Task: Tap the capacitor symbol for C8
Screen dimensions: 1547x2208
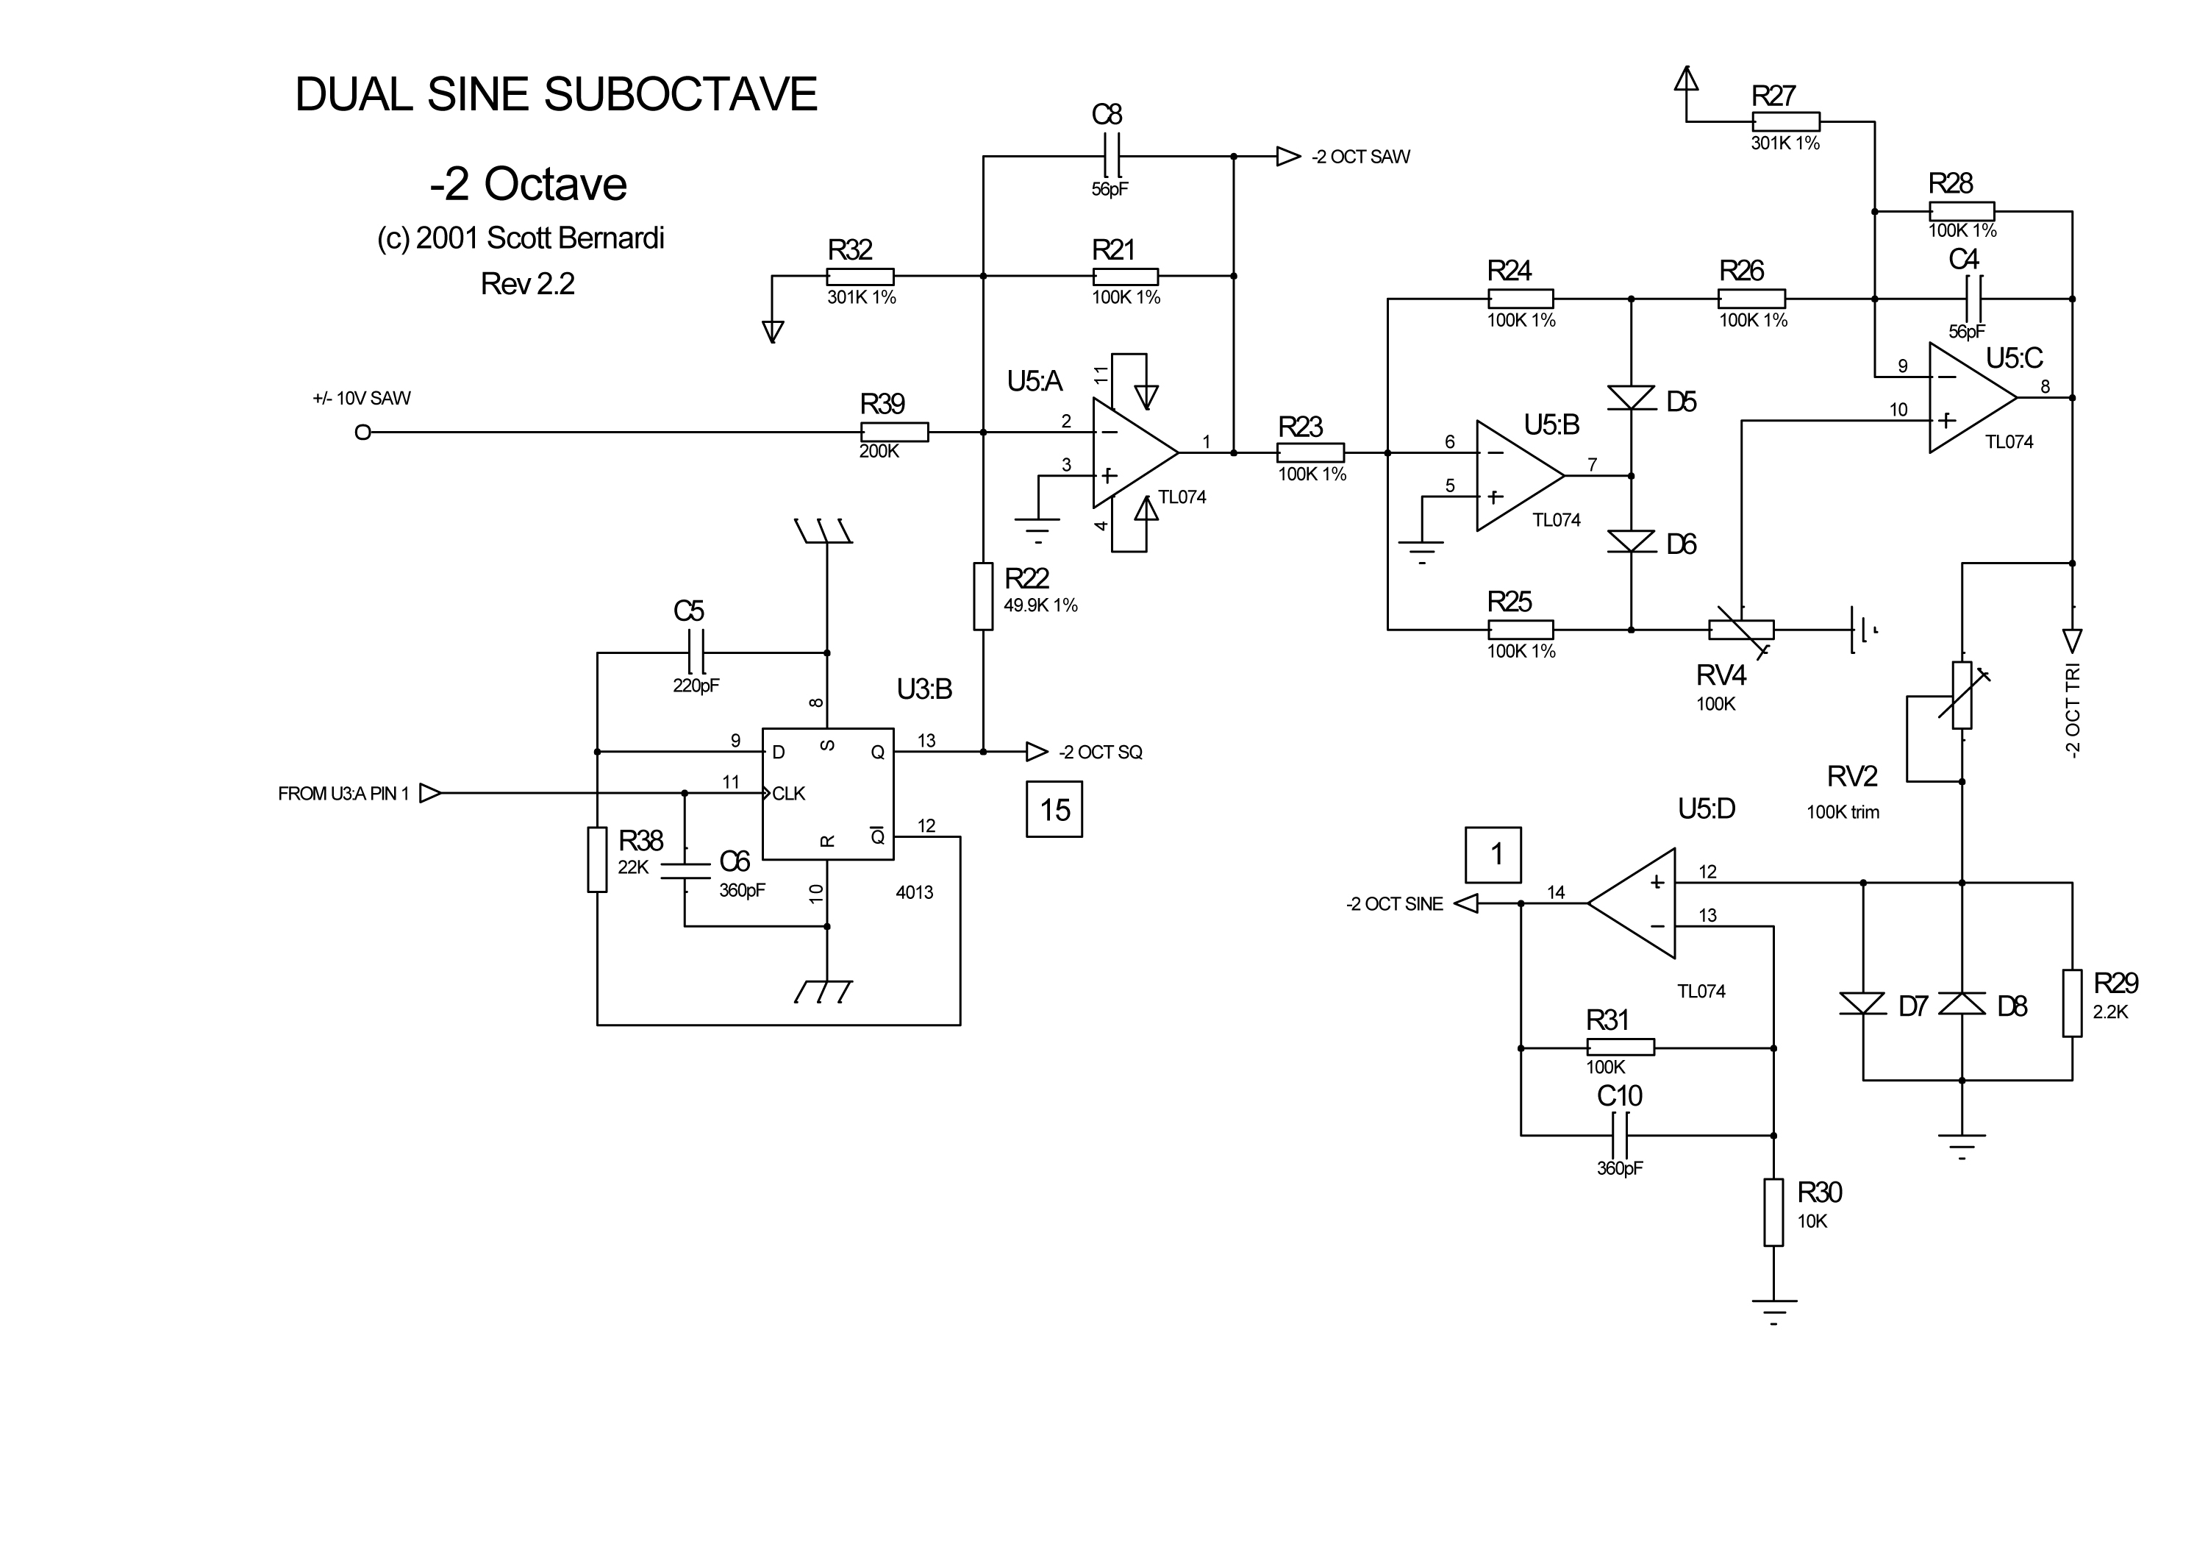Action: click(x=1108, y=156)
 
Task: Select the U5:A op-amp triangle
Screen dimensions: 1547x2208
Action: click(x=1133, y=452)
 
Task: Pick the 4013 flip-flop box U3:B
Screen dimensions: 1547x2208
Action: click(x=828, y=794)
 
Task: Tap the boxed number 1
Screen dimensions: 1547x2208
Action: click(x=1493, y=854)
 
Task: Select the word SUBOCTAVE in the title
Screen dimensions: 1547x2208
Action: click(x=680, y=94)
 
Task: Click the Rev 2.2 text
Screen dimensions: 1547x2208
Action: click(x=527, y=284)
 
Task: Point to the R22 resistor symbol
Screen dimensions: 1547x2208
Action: click(x=983, y=597)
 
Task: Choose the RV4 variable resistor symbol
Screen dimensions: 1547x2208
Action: click(x=1740, y=630)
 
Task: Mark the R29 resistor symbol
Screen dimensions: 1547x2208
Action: click(x=2073, y=1003)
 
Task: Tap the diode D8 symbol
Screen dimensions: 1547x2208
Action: click(x=1962, y=1003)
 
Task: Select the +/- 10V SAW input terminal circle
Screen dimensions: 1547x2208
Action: click(x=362, y=433)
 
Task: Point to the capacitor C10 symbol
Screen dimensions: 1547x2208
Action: click(x=1620, y=1135)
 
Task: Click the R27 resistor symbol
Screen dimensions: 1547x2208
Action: click(x=1786, y=121)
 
